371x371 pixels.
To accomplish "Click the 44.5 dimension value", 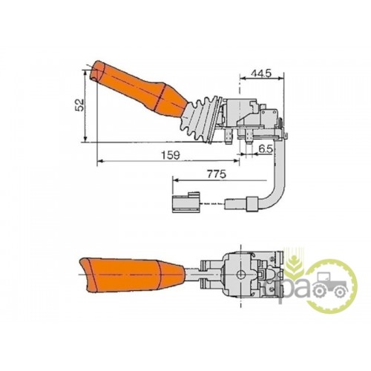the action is coord(261,73).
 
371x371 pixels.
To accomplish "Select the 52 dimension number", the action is coord(80,105).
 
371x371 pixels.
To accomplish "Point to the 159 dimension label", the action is coord(171,155).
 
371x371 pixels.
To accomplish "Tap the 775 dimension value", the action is coord(217,174).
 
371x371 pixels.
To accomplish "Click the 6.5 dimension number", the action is coord(266,149).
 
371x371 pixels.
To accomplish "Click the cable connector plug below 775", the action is coord(186,203).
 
